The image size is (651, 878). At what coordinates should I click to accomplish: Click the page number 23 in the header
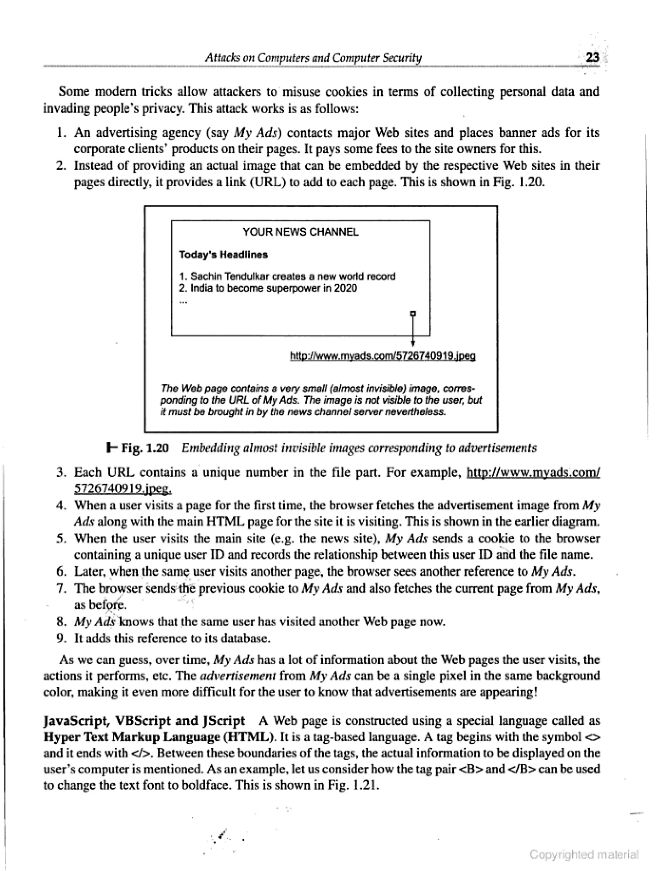tap(592, 58)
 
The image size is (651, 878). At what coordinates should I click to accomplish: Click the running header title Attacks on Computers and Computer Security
tap(313, 58)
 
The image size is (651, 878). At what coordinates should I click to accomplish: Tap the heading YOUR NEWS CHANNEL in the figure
tap(301, 232)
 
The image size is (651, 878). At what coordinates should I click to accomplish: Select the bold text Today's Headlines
tap(223, 255)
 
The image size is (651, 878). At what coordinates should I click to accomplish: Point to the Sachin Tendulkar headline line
tap(287, 276)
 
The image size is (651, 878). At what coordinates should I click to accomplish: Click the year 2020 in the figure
tap(346, 288)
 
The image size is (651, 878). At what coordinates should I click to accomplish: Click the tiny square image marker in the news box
tap(413, 314)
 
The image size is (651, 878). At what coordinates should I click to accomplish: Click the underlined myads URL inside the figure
tap(383, 356)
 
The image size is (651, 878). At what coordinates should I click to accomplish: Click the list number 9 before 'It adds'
tap(61, 638)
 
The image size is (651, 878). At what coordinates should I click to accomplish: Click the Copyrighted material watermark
tap(584, 854)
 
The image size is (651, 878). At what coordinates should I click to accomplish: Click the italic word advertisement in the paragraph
tap(238, 676)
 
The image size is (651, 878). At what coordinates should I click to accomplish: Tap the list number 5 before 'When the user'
tap(61, 538)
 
